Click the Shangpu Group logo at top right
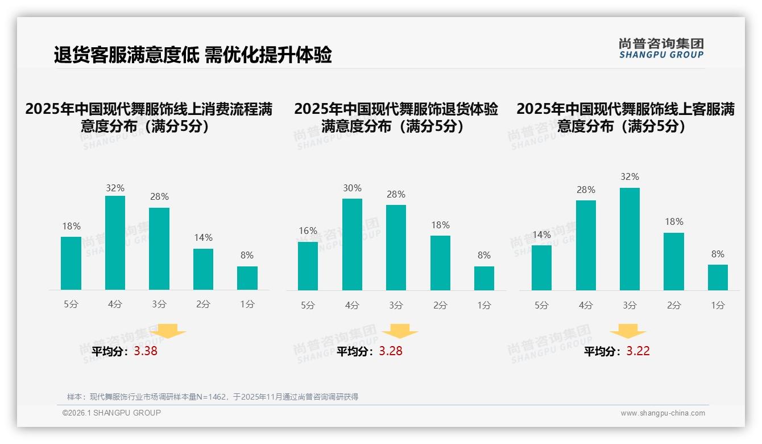[x=661, y=48]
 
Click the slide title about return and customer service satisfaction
[x=193, y=55]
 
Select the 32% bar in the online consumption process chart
[x=115, y=242]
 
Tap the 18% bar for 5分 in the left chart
[x=71, y=263]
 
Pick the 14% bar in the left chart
[x=203, y=269]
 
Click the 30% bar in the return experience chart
[x=352, y=244]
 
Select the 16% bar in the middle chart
[x=308, y=266]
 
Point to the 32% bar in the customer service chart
[x=630, y=239]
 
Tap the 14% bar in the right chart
[x=541, y=268]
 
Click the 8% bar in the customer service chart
[x=718, y=277]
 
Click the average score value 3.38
[x=146, y=351]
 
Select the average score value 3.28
[x=391, y=351]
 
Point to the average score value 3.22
[x=638, y=351]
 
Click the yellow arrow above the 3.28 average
[x=400, y=331]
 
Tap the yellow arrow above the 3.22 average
[x=628, y=331]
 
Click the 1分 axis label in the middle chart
[x=484, y=305]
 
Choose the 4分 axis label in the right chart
[x=586, y=305]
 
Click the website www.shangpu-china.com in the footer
[x=662, y=413]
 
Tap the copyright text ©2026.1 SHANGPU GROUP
[x=111, y=413]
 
